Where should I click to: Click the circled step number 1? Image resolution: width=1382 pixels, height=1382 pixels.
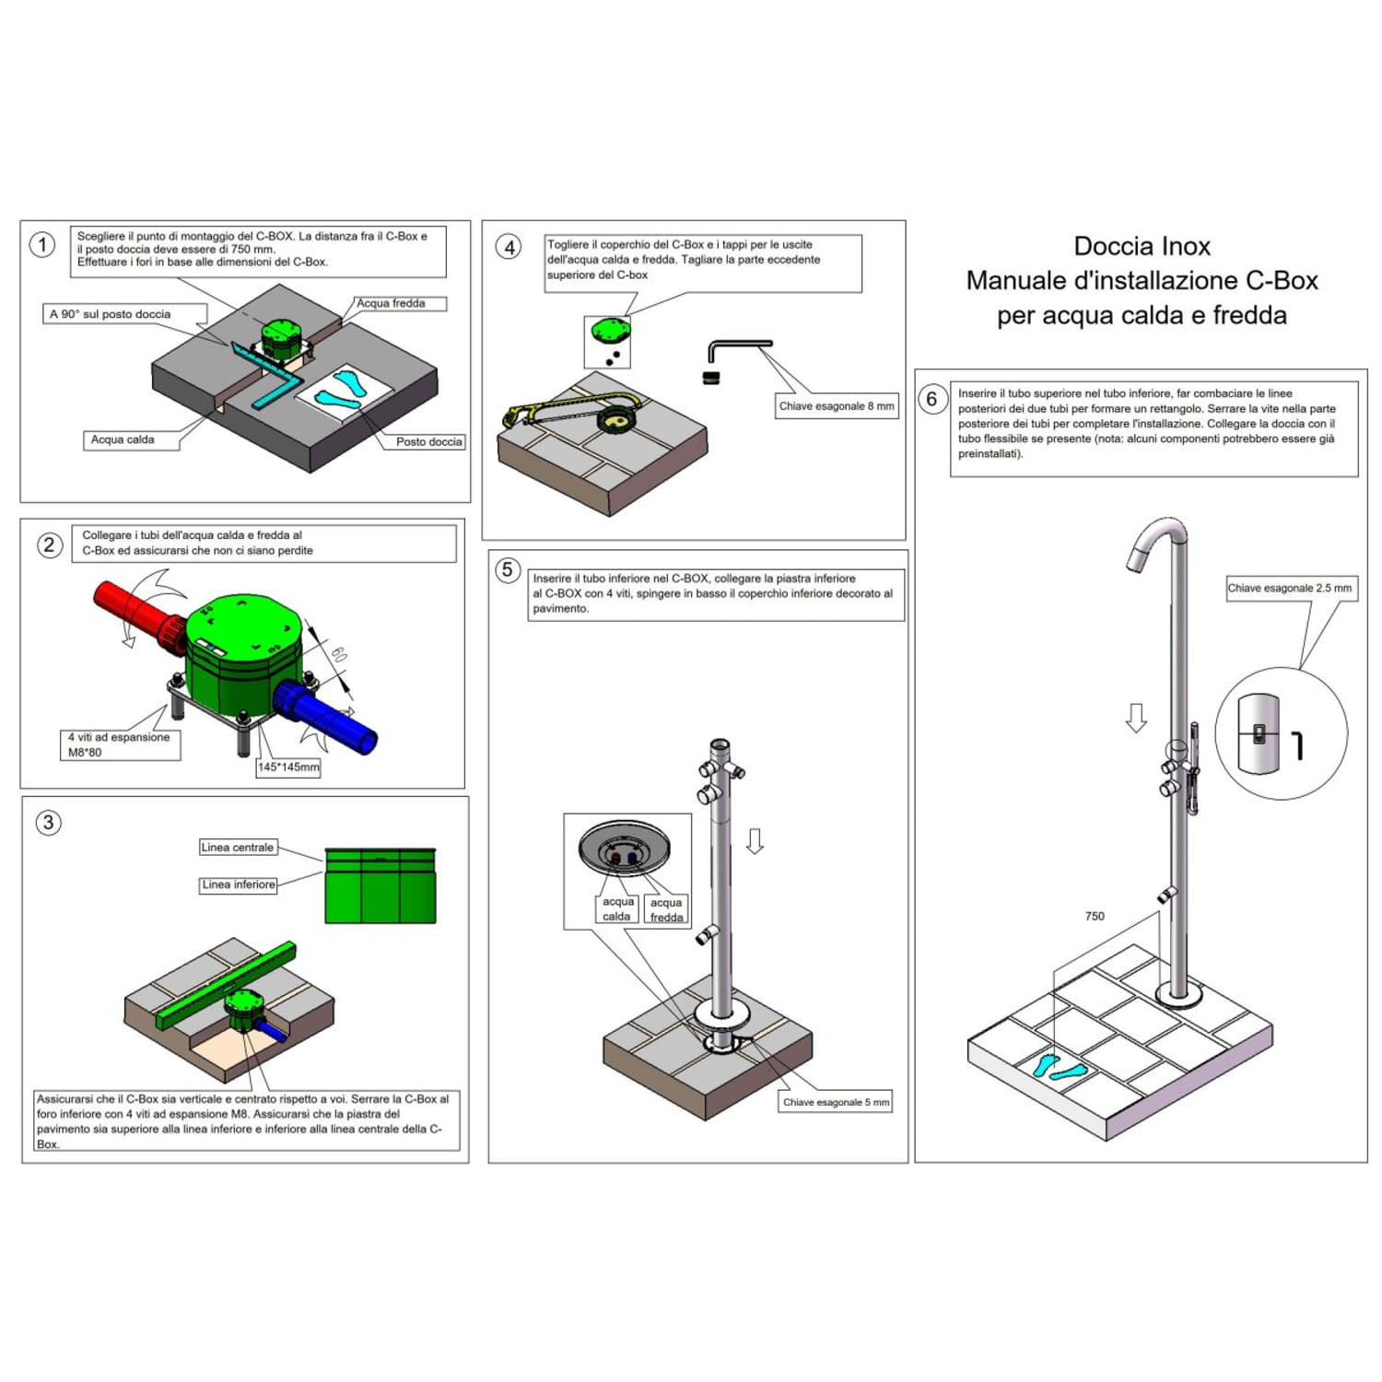(x=42, y=245)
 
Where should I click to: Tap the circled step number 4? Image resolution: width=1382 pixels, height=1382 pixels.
(x=509, y=247)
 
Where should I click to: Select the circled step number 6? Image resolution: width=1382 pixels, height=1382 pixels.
(x=932, y=399)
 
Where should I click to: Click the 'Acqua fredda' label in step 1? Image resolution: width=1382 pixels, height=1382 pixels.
(x=392, y=303)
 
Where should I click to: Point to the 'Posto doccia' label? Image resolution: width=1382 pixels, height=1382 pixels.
(x=428, y=441)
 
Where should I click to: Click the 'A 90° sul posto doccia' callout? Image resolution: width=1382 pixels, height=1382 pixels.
(x=111, y=314)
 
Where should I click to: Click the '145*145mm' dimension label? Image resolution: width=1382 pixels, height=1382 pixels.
(x=288, y=767)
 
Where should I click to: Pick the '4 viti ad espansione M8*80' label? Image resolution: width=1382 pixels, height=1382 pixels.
(x=118, y=744)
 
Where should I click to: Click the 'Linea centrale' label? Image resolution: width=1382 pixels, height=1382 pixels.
(x=238, y=848)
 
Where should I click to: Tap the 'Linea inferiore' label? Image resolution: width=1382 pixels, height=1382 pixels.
(x=239, y=884)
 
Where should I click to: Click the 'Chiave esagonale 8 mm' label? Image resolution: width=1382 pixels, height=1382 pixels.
(x=836, y=406)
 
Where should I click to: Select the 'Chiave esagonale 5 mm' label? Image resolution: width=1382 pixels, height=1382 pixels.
(x=836, y=1102)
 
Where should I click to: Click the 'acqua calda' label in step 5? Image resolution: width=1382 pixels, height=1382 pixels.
(x=617, y=909)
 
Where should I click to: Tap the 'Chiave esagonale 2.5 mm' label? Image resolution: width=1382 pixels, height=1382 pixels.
(x=1290, y=588)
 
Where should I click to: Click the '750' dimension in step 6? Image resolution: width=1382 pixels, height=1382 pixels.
(x=1095, y=916)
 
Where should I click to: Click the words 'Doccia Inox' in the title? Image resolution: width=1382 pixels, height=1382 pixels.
(x=1142, y=246)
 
